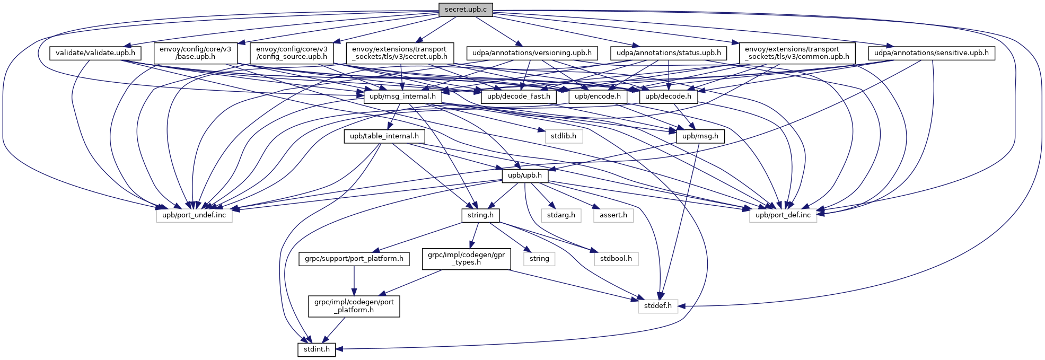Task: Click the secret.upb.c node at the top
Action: (x=466, y=9)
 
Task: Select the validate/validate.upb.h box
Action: (x=95, y=53)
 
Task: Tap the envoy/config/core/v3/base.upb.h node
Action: (x=195, y=53)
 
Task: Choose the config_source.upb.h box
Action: (x=292, y=53)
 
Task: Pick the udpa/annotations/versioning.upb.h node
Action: (x=532, y=53)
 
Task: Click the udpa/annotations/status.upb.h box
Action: (x=669, y=53)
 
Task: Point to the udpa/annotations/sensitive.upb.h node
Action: (x=931, y=53)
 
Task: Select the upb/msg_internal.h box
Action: (x=402, y=96)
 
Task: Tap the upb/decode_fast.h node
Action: (x=519, y=96)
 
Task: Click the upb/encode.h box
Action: (x=598, y=96)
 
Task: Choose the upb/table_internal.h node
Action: (x=384, y=136)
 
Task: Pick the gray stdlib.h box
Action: (x=563, y=136)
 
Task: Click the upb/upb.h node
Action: (x=525, y=175)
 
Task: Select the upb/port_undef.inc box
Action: (x=194, y=215)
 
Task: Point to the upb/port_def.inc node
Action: (x=783, y=215)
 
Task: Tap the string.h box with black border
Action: (x=480, y=215)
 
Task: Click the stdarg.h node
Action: (x=561, y=215)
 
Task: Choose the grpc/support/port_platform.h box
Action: (x=354, y=259)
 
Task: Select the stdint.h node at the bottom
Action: (x=317, y=349)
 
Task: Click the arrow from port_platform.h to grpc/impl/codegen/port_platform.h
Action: (x=354, y=281)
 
